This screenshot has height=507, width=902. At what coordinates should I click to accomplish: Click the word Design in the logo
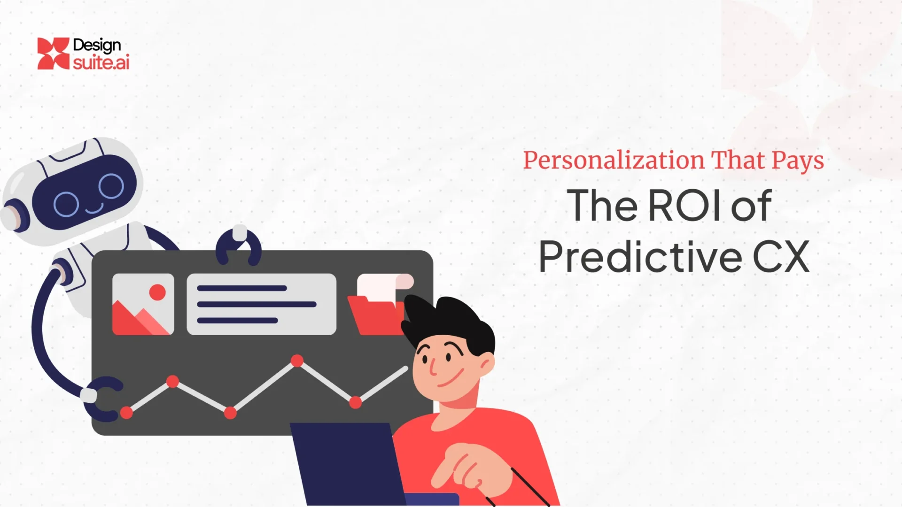(x=97, y=46)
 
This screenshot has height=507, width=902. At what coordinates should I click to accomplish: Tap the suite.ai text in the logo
(x=101, y=62)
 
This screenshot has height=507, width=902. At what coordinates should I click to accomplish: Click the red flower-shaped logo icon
(x=53, y=54)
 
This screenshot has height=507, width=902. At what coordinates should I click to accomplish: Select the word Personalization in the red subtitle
(x=614, y=161)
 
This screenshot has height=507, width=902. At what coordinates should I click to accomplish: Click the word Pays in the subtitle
(x=798, y=161)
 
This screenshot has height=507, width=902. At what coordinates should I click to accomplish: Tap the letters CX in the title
(x=781, y=257)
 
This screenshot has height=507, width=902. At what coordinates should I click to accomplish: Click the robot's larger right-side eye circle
(x=111, y=186)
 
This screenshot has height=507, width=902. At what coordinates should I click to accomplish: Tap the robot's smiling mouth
(x=94, y=208)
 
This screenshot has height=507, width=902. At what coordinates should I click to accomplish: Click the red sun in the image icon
(x=157, y=292)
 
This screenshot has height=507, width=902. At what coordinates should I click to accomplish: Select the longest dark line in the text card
(x=257, y=304)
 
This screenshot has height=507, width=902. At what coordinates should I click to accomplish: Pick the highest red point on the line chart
(x=297, y=361)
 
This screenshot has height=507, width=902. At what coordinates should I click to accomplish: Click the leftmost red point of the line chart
(x=126, y=413)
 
